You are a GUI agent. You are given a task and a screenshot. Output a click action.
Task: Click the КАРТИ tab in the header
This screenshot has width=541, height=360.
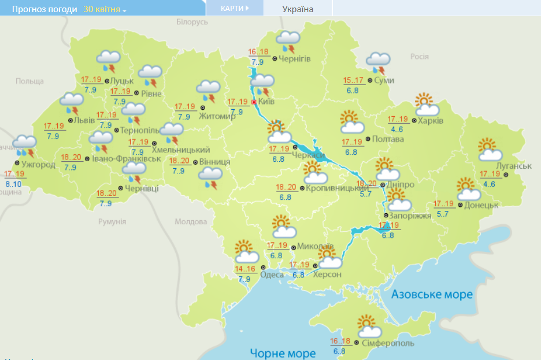(235, 9)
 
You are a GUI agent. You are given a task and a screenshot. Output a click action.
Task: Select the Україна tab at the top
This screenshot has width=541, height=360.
(298, 9)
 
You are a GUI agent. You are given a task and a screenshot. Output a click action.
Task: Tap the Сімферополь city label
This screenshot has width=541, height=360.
(388, 343)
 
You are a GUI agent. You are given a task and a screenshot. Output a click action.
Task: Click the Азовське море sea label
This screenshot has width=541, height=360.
(432, 294)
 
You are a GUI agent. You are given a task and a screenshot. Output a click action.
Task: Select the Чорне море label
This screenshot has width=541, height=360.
(283, 352)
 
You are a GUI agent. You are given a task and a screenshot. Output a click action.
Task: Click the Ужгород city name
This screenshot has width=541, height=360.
(38, 165)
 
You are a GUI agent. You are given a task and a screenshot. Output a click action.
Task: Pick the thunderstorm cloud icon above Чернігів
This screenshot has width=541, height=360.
(287, 41)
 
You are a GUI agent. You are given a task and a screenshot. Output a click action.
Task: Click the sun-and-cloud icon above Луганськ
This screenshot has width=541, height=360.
(490, 150)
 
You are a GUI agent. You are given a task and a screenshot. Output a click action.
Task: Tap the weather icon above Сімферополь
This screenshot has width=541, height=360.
(369, 326)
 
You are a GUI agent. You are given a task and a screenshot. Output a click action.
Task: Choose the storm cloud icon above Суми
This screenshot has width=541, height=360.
(378, 62)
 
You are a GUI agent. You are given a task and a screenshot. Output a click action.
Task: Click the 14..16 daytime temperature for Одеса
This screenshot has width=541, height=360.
(245, 269)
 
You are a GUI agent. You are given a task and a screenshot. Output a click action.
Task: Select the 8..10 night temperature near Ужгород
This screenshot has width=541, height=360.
(13, 184)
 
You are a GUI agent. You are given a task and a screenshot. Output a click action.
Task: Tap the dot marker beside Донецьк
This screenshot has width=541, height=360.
(460, 205)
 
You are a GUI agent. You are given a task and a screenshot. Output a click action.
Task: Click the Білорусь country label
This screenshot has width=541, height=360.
(191, 21)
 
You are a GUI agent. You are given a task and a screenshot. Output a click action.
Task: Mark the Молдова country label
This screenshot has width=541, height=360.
(191, 222)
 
